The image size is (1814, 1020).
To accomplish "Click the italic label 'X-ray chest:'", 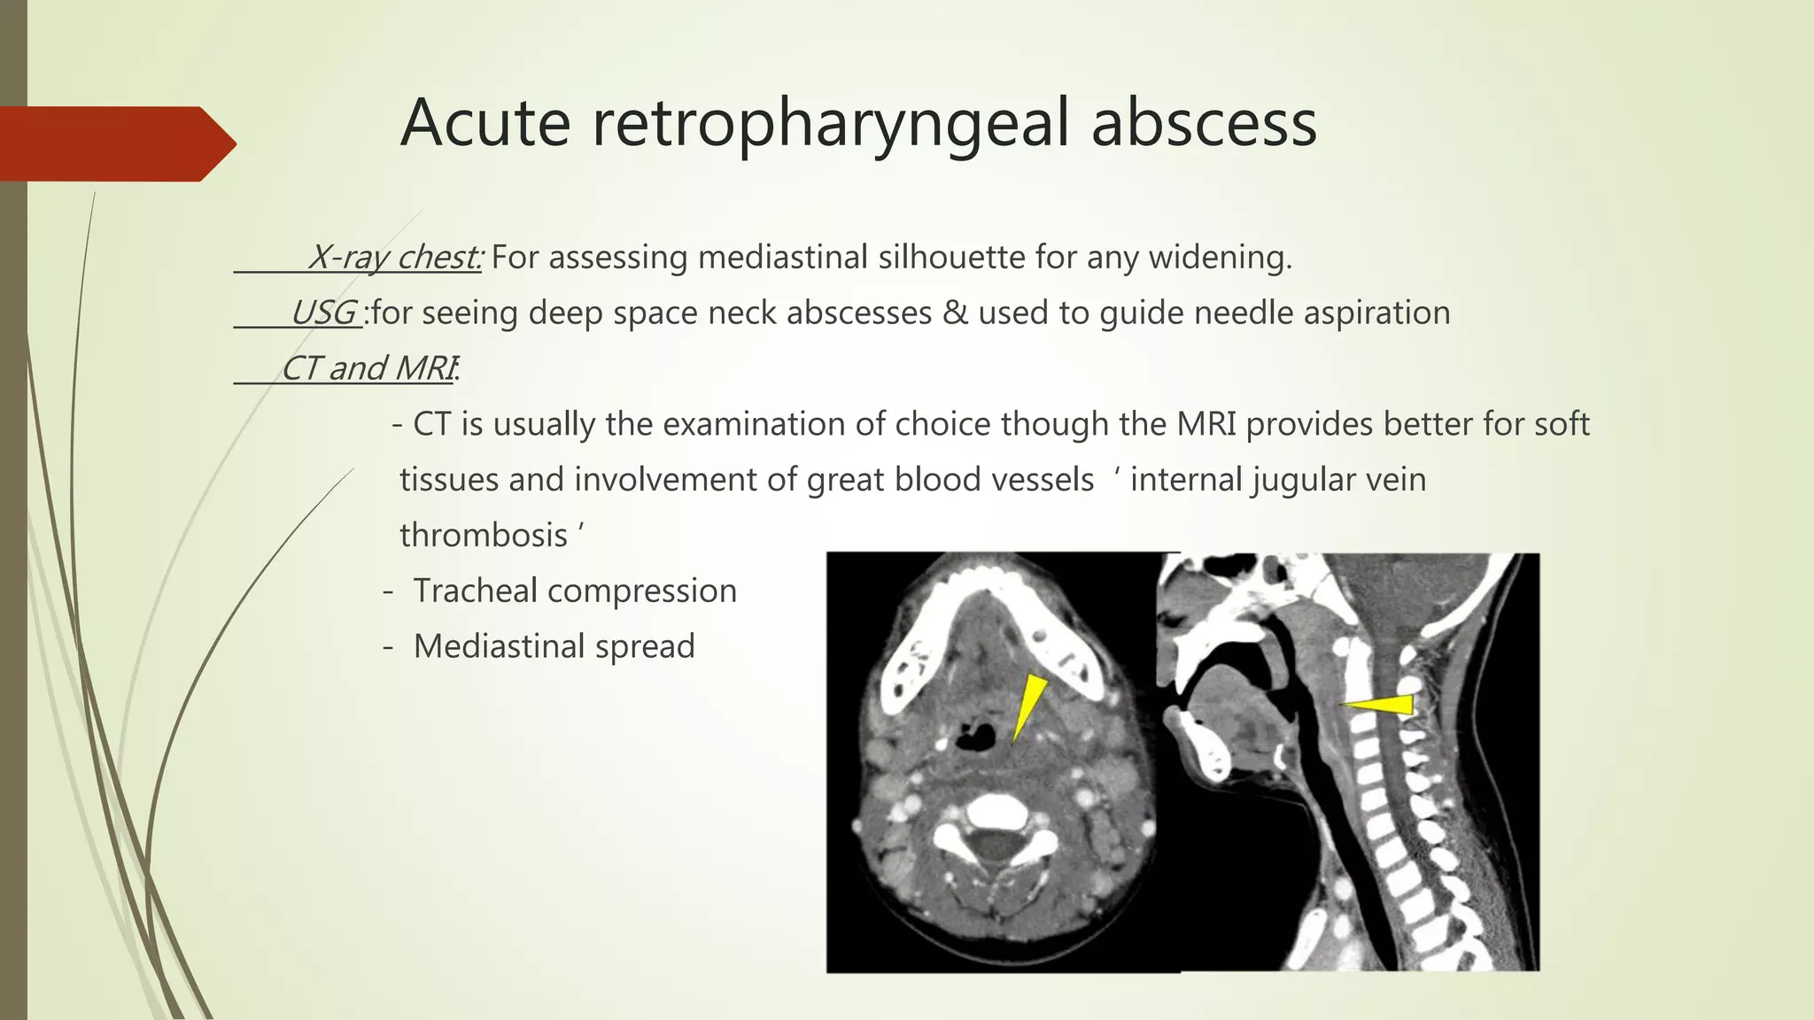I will (394, 258).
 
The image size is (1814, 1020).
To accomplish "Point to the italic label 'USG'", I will (323, 313).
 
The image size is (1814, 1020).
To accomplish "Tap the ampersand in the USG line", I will (955, 313).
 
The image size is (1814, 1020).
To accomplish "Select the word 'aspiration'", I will (1376, 313).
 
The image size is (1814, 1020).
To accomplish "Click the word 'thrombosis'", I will (484, 536).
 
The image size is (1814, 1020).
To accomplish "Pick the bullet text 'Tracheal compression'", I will (575, 591).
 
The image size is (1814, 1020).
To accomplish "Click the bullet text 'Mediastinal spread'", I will (554, 646).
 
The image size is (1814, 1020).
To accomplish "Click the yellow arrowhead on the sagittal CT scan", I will (1382, 704).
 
